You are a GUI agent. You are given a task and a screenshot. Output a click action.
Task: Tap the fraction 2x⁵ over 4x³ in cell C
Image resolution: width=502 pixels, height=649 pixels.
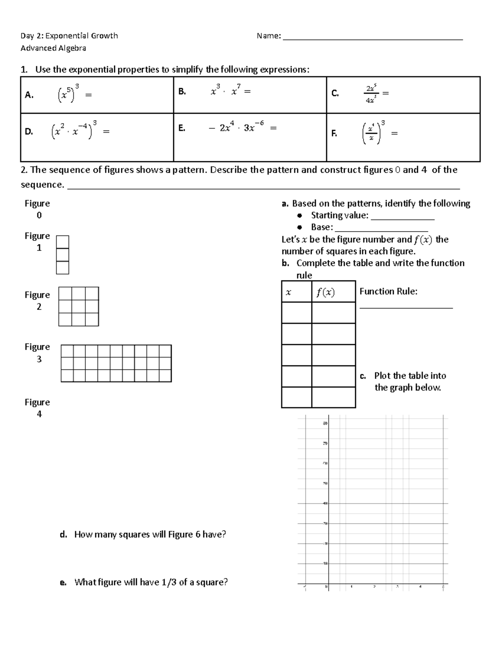[371, 94]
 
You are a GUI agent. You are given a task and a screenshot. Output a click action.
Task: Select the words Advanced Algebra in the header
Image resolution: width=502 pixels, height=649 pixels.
[53, 48]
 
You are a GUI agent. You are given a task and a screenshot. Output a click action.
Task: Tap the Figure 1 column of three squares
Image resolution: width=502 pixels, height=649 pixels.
[62, 255]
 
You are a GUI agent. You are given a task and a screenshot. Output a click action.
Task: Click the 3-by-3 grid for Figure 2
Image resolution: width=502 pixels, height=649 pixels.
[79, 306]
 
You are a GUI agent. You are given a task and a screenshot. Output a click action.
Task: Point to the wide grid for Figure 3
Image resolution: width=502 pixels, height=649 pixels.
[116, 363]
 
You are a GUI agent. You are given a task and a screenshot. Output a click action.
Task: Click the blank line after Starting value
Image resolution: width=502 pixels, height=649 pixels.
[402, 217]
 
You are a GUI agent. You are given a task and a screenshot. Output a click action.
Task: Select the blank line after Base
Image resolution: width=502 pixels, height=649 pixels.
[381, 229]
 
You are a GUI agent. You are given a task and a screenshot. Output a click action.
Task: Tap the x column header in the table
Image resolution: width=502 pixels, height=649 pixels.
[288, 293]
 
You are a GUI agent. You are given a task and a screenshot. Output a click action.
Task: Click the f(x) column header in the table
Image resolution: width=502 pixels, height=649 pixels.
[325, 293]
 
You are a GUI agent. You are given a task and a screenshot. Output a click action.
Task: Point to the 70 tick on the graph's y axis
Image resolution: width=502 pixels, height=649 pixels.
[325, 443]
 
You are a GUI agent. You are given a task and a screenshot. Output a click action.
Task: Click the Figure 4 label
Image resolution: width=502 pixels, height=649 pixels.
[37, 408]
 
